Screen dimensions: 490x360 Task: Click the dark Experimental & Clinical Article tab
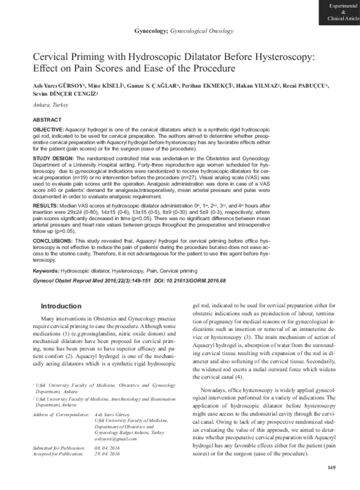click(x=341, y=12)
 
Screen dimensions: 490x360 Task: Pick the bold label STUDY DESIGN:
click(x=53, y=157)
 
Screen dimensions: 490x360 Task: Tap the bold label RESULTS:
click(x=46, y=205)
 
